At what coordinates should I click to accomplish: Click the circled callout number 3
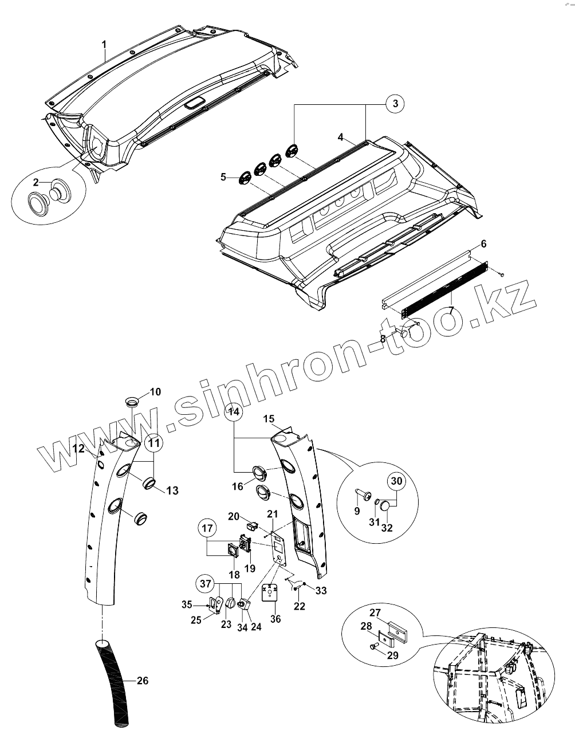click(394, 104)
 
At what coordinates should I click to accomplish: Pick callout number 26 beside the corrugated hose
click(143, 681)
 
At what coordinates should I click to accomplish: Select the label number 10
click(155, 392)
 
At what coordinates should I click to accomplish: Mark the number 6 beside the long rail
click(484, 244)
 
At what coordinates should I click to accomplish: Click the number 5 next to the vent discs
click(223, 177)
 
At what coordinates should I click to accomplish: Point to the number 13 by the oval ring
click(172, 490)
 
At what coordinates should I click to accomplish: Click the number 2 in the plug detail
click(36, 182)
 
